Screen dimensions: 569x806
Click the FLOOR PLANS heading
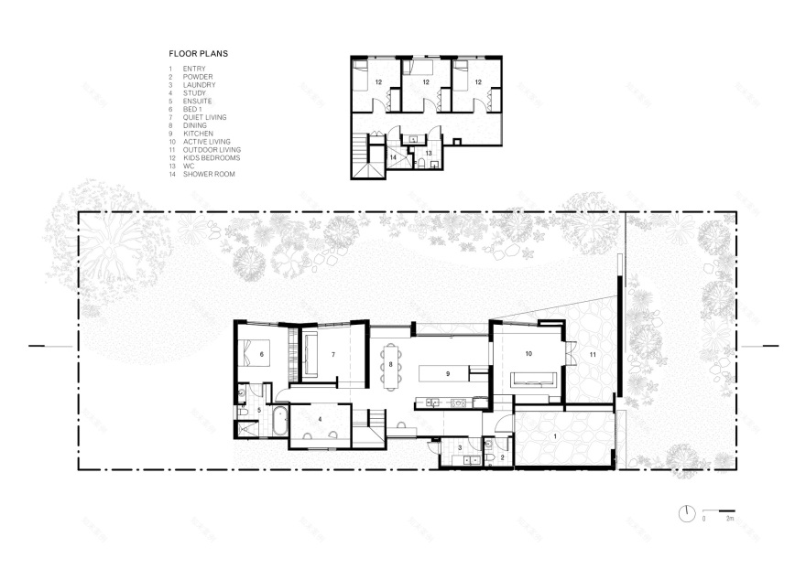pyautogui.click(x=199, y=54)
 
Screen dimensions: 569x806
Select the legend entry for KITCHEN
pyautogui.click(x=198, y=134)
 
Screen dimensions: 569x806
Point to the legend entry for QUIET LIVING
pyautogui.click(x=204, y=117)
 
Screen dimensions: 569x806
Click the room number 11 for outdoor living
pyautogui.click(x=592, y=353)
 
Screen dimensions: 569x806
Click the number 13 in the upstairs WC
pyautogui.click(x=428, y=153)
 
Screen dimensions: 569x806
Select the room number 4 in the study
pyautogui.click(x=320, y=419)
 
